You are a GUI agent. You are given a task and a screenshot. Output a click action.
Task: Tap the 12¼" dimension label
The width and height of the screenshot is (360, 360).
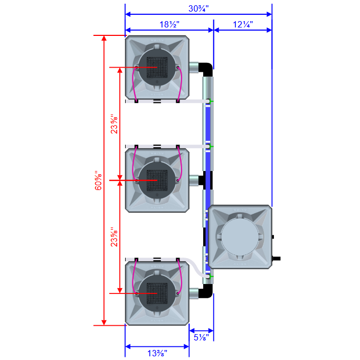click(x=243, y=24)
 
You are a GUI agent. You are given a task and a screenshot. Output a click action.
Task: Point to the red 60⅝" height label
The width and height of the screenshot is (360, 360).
click(x=96, y=181)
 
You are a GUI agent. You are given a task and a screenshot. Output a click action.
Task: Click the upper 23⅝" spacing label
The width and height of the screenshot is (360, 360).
click(x=113, y=125)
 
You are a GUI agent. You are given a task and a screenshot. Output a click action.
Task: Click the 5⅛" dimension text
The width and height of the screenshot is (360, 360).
click(x=201, y=337)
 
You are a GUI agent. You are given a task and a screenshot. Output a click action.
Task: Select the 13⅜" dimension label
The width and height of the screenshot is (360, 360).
click(x=157, y=353)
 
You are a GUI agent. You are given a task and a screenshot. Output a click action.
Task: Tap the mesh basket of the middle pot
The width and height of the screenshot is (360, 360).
click(x=157, y=181)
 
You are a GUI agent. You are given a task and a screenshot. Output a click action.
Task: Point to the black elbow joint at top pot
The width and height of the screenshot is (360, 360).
click(x=207, y=69)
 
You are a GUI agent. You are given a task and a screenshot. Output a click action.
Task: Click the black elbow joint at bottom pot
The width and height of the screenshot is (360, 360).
click(x=207, y=290)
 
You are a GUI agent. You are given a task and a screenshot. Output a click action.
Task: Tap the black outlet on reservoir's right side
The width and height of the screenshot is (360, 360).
click(x=276, y=259)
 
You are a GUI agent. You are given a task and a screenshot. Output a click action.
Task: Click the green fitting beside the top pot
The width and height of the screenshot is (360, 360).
click(x=209, y=101)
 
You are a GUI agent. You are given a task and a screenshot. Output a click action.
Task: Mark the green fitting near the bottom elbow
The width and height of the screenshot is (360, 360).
click(x=209, y=276)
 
